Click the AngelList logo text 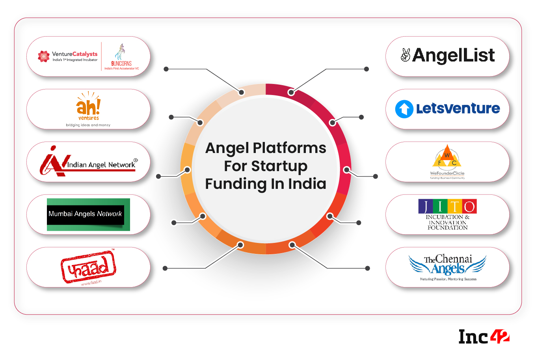453,56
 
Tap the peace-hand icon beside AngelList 405,55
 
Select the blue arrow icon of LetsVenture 404,109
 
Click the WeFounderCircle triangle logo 447,157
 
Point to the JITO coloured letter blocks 447,206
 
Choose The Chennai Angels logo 448,265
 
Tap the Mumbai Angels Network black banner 86,214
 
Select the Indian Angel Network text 101,165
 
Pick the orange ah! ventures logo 88,106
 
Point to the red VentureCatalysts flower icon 43,56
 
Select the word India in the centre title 307,184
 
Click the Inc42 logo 484,336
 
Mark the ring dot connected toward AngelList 291,92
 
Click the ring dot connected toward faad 240,245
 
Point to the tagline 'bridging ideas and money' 88,125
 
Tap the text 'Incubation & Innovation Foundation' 447,222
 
